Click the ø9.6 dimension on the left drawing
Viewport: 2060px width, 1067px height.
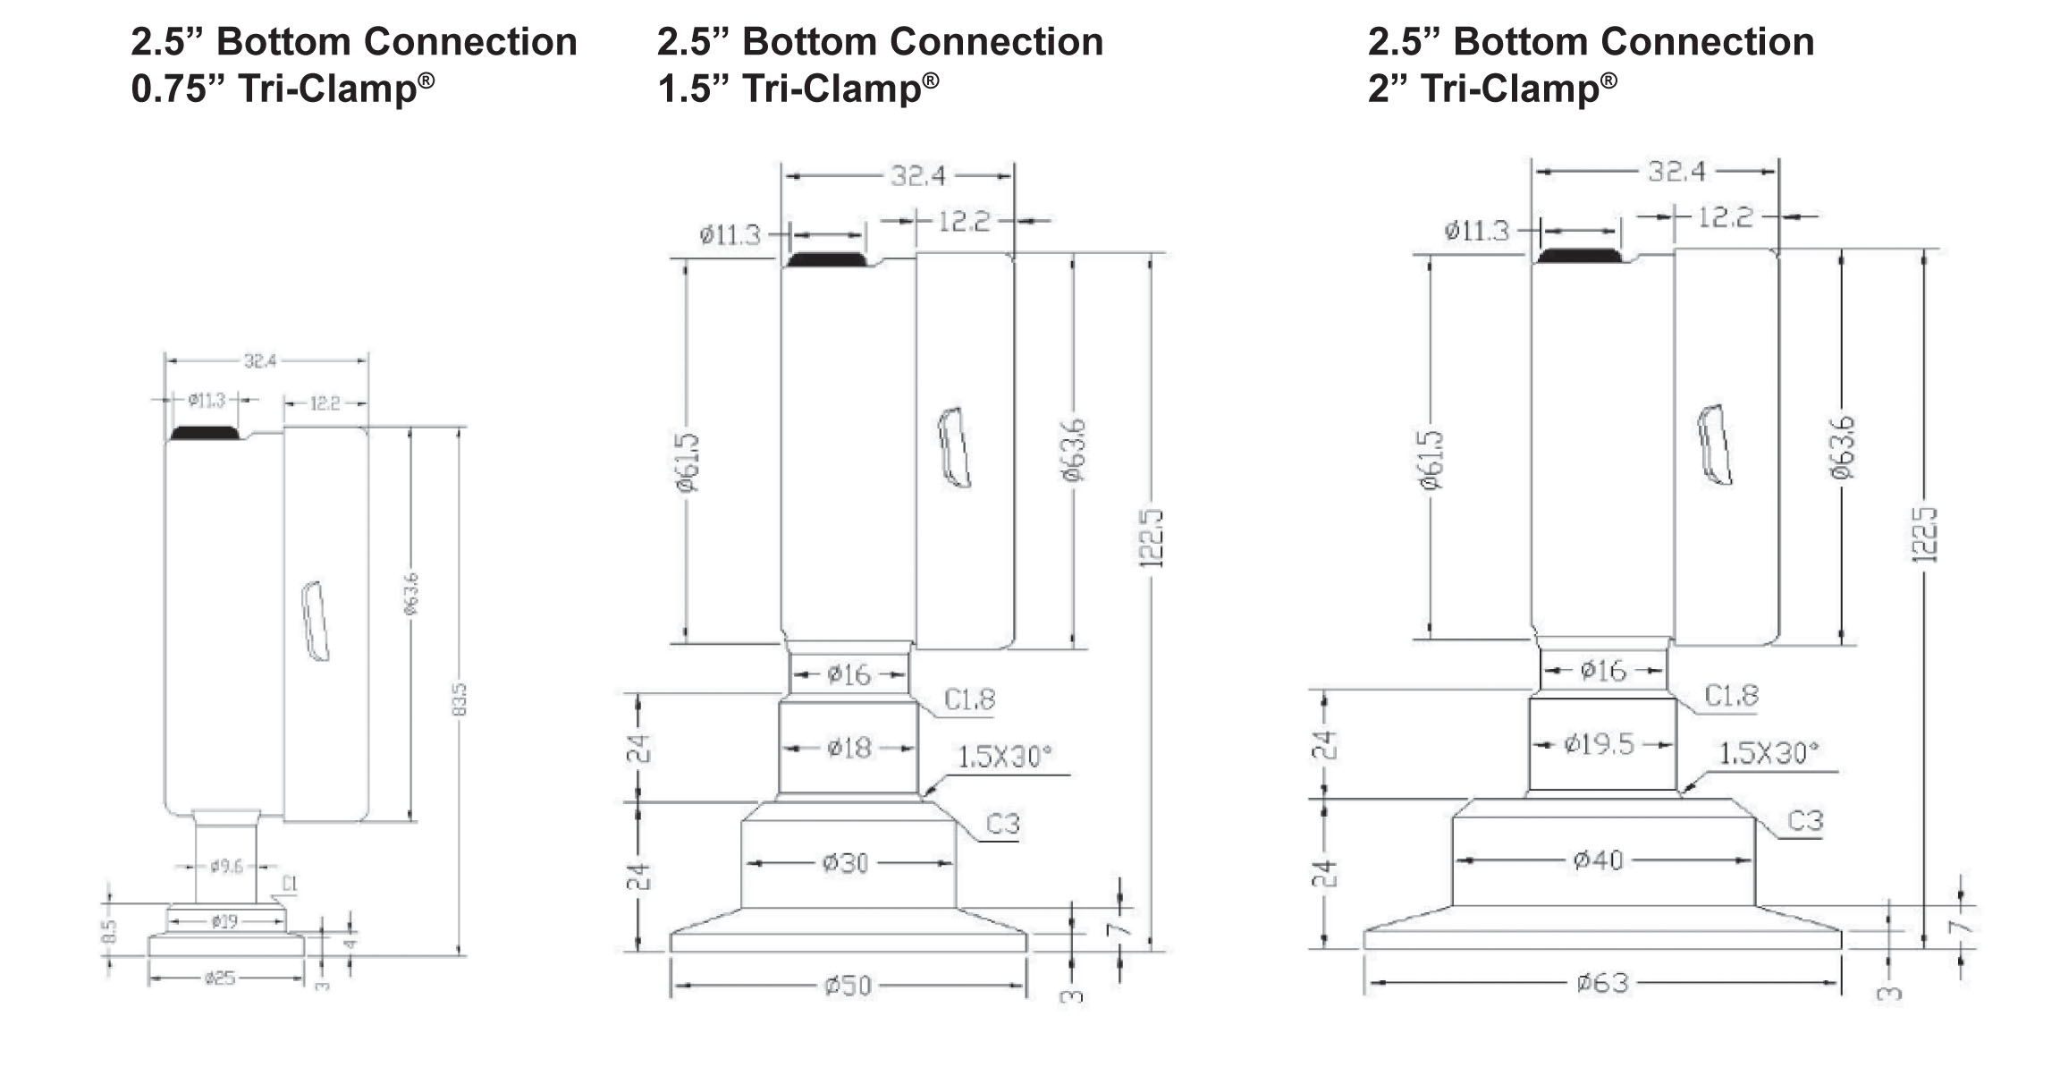(226, 866)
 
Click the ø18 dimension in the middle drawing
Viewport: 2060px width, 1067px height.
(848, 747)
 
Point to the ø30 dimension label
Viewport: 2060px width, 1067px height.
(846, 863)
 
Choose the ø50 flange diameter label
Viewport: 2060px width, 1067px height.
(847, 986)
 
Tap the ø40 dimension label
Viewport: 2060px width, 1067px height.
(1598, 860)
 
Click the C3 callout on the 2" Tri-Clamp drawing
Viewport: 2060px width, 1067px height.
(1804, 820)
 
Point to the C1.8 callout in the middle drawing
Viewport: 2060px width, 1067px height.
(969, 699)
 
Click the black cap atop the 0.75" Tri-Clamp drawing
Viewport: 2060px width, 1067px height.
(205, 433)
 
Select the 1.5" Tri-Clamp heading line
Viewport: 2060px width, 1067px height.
(798, 89)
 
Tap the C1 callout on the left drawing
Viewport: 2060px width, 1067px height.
(290, 885)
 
